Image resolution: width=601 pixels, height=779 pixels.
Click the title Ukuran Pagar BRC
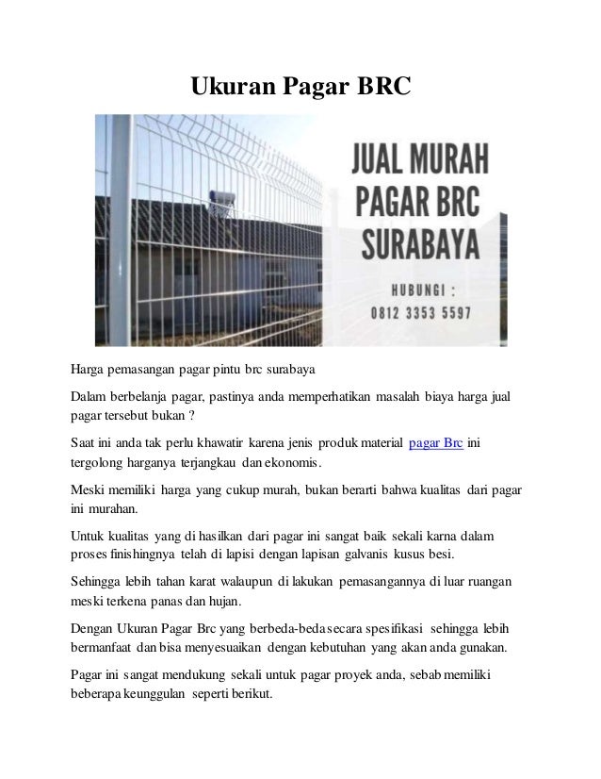301,87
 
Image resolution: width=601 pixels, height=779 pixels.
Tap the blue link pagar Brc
436,442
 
